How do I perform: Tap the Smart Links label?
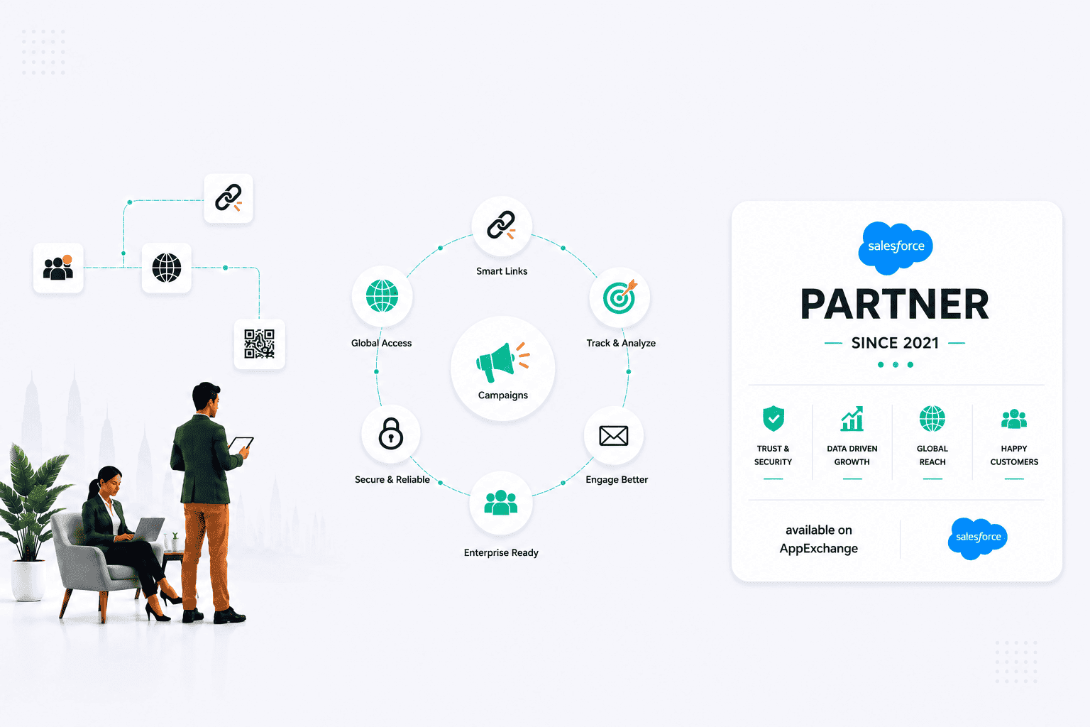point(502,271)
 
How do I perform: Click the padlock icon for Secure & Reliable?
point(391,433)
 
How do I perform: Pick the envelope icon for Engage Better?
point(614,435)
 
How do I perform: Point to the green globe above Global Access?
point(382,295)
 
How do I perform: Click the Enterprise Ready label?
point(501,552)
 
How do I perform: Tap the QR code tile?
point(259,344)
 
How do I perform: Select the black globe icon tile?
point(167,268)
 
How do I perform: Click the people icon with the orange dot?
point(58,268)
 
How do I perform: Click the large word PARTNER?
point(895,304)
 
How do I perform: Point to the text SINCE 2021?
point(895,343)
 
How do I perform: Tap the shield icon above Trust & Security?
point(774,418)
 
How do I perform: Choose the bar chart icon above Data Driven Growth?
point(852,418)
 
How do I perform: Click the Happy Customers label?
point(1014,455)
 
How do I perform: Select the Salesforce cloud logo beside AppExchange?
point(978,538)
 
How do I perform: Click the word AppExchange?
point(818,549)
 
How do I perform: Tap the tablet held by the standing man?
point(241,444)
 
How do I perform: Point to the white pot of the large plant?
point(28,580)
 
